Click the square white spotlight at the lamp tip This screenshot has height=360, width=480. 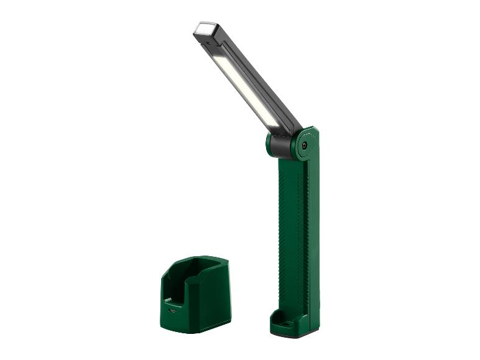click(x=203, y=29)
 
